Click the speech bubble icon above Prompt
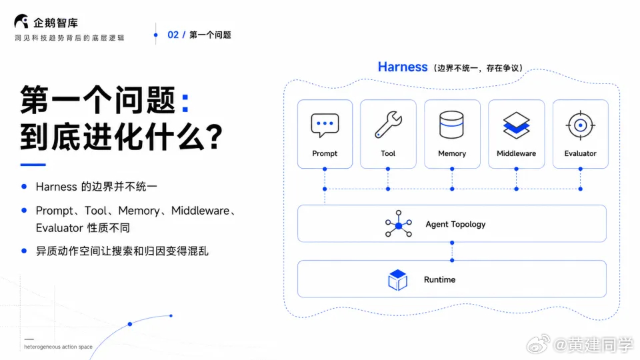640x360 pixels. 325,125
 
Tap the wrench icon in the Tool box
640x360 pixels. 388,125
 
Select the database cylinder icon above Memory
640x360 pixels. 451,125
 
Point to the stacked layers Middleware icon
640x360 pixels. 516,125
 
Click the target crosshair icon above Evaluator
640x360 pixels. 581,125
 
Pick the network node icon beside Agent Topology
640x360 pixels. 399,224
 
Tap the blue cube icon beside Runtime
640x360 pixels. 397,279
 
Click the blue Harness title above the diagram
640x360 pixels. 403,67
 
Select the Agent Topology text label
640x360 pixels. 455,224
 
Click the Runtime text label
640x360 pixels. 439,279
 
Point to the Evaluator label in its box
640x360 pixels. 581,153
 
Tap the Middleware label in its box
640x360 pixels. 516,153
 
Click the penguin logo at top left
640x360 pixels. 21,21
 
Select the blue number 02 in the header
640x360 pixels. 173,35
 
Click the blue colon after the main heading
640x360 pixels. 185,103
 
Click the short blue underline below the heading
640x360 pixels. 33,165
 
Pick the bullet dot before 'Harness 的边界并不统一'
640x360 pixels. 24,187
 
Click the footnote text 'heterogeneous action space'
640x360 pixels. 59,347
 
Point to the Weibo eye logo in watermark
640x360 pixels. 539,345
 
